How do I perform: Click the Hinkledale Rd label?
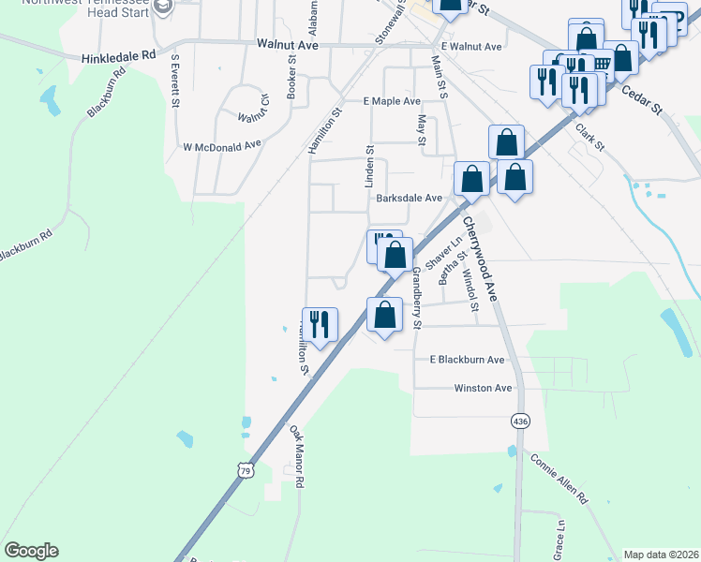pyautogui.click(x=117, y=56)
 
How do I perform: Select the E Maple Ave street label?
pyautogui.click(x=393, y=101)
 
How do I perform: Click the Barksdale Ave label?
pyautogui.click(x=409, y=199)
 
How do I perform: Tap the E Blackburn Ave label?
pyautogui.click(x=467, y=360)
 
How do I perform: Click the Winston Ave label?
pyautogui.click(x=483, y=388)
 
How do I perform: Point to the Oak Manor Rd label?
pyautogui.click(x=297, y=455)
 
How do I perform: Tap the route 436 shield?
pyautogui.click(x=519, y=421)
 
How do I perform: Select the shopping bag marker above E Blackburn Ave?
pyautogui.click(x=384, y=315)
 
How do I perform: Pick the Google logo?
pyautogui.click(x=31, y=551)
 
